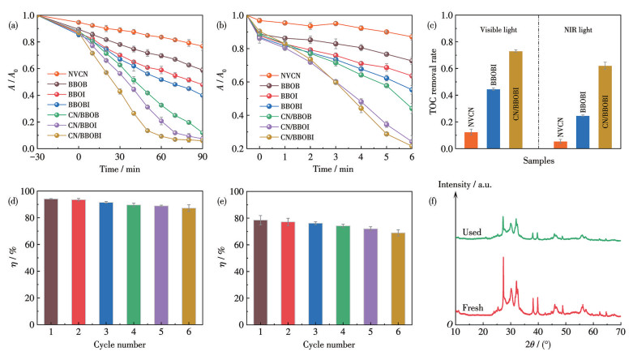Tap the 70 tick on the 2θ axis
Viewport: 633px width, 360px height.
(x=621, y=332)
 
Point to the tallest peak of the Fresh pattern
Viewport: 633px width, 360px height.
(x=503, y=258)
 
